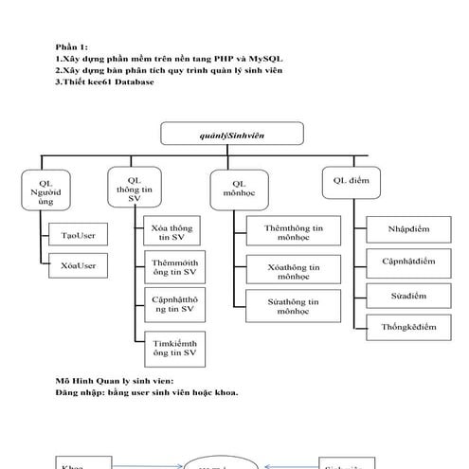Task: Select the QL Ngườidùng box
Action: [46, 189]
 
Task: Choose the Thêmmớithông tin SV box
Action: [174, 268]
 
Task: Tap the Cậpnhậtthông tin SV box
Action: [174, 303]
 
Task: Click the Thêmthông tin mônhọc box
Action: [288, 234]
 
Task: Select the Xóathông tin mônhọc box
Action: [288, 271]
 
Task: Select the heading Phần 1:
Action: [72, 46]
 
